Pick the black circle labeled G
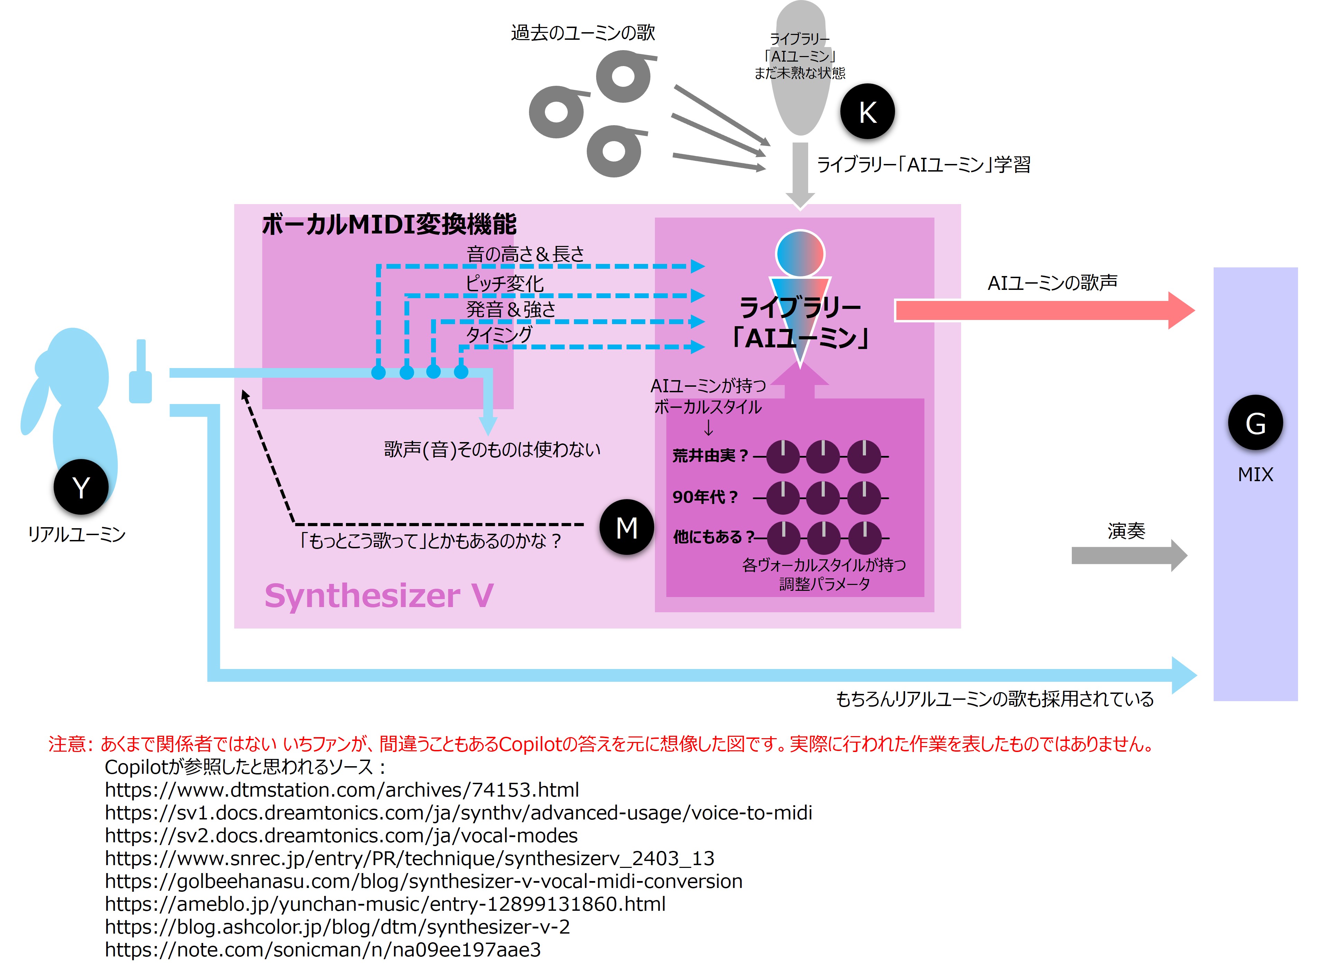[1255, 423]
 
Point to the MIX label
[1255, 474]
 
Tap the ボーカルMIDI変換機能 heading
[389, 224]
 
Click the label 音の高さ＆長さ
[525, 254]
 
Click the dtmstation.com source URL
[342, 790]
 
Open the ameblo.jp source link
[385, 904]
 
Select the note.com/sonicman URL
[322, 950]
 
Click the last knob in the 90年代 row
[864, 497]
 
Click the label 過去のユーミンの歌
[583, 33]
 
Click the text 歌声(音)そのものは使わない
[492, 450]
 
